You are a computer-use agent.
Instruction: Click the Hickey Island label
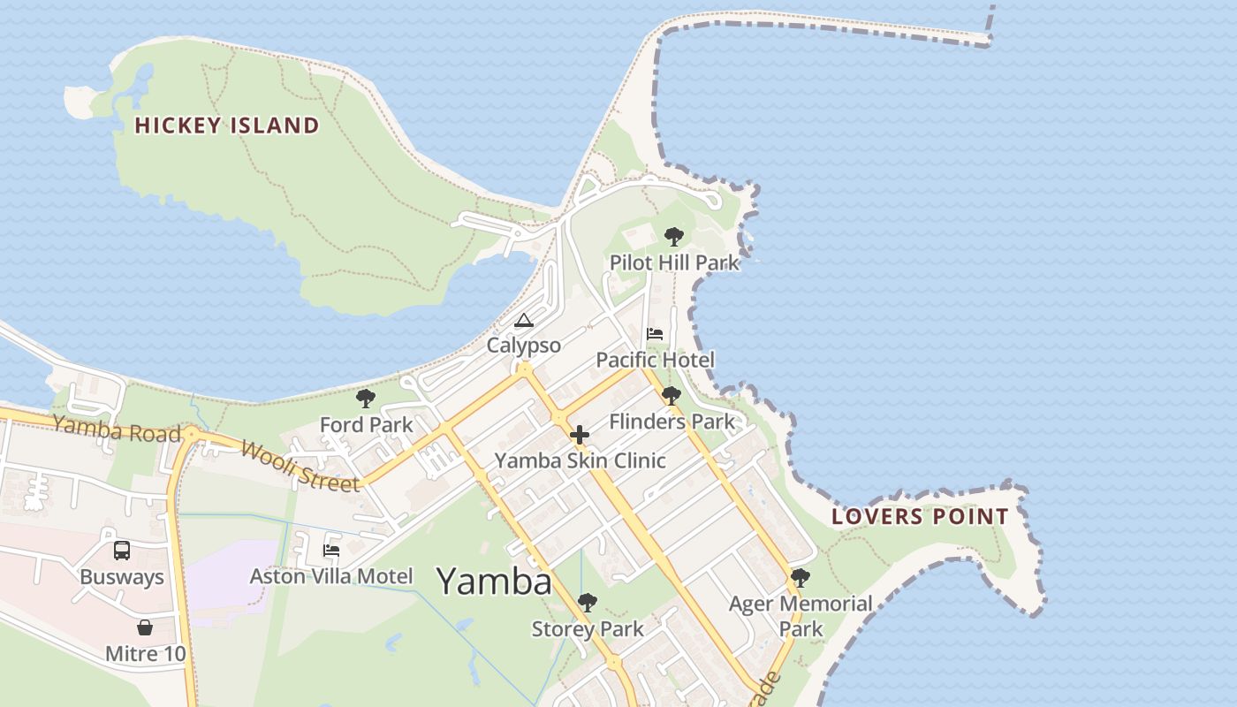coord(226,125)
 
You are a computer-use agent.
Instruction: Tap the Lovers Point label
coord(920,517)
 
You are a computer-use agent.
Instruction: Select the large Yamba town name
coord(494,581)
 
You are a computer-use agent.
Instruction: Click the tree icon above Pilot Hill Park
coord(673,237)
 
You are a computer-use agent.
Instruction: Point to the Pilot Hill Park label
coord(673,262)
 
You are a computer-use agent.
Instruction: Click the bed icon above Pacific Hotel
coord(655,334)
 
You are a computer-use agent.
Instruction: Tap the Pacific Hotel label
coord(655,360)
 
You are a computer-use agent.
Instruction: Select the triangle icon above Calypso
coord(523,320)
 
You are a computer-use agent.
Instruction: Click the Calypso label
coord(523,346)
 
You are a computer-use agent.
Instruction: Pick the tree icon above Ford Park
coord(366,399)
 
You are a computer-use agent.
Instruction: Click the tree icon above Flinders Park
coord(672,396)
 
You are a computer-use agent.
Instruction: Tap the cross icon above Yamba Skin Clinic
coord(580,435)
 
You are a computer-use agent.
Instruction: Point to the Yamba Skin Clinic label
coord(580,460)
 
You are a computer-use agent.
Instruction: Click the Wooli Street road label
coord(300,466)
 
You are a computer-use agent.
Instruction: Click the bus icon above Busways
coord(122,551)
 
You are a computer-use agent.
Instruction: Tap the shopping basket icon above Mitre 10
coord(145,628)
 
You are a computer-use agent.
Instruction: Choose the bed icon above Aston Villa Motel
coord(331,551)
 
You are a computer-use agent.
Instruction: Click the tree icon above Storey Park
coord(587,604)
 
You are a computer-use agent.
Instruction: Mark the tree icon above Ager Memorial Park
coord(801,578)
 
